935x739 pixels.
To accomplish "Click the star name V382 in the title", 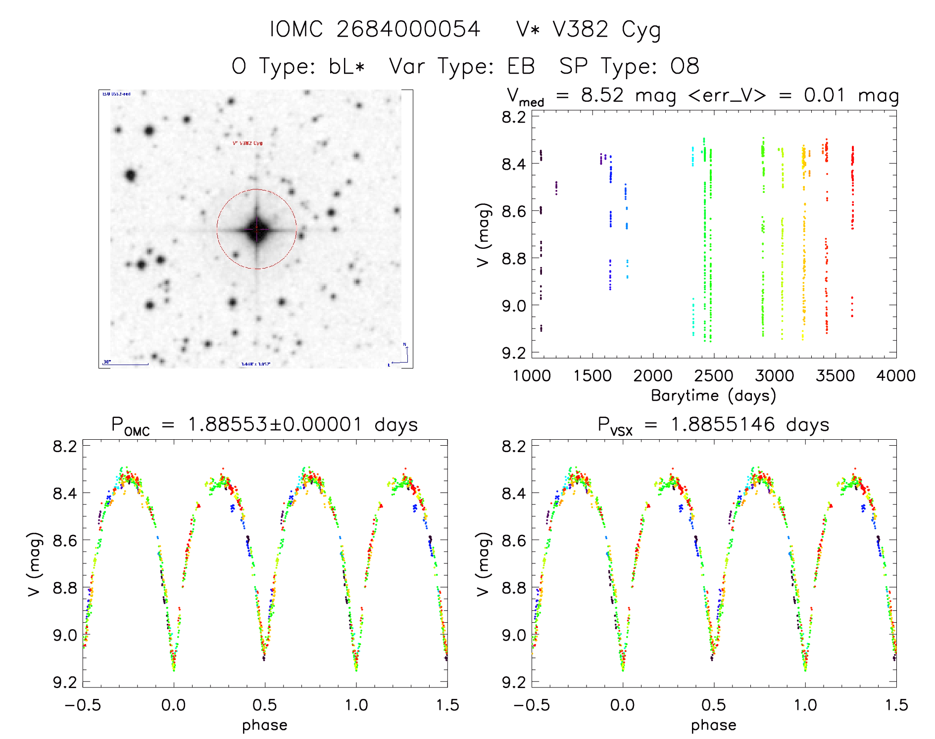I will coord(580,30).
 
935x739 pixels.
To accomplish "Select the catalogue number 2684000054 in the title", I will coord(408,30).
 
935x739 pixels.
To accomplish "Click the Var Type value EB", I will coord(521,66).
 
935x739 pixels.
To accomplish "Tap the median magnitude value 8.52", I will coord(602,95).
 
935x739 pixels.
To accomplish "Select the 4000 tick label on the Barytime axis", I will coord(895,376).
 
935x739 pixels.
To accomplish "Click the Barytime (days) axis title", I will coord(713,396).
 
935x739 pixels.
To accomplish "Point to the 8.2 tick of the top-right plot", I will coord(514,117).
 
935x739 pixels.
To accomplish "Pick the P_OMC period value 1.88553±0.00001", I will coord(275,425).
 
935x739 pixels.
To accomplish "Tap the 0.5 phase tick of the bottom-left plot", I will coord(265,705).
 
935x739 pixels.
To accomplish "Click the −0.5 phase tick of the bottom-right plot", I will coord(532,705).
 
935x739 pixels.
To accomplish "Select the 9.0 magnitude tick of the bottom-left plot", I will coord(65,635).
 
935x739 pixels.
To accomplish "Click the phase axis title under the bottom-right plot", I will coord(713,725).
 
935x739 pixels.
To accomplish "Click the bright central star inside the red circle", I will coord(256,229).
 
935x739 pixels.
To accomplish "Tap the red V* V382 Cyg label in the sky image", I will coord(247,143).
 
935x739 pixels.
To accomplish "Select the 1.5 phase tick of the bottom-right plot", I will coord(896,705).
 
